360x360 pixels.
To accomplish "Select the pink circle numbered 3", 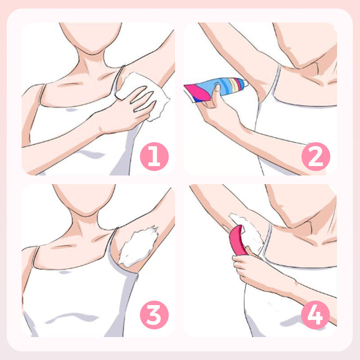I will pos(154,315).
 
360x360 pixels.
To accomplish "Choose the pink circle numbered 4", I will pos(315,315).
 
